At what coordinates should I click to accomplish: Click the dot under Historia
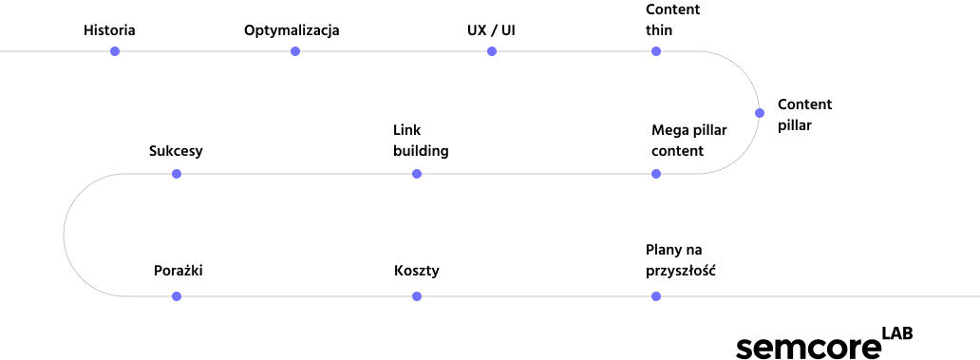[x=115, y=51]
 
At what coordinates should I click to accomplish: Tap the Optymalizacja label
[x=292, y=30]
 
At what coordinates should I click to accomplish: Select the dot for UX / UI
[x=492, y=51]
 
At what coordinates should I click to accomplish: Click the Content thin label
[x=673, y=20]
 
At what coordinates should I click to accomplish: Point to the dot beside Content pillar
[x=760, y=113]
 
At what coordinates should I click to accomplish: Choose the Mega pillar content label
[x=689, y=141]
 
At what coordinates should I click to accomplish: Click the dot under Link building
[x=417, y=174]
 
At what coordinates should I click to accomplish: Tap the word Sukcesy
[x=177, y=151]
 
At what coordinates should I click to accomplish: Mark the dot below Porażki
[x=177, y=296]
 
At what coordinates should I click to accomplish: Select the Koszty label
[x=417, y=271]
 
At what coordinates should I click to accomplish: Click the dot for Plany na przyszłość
[x=655, y=296]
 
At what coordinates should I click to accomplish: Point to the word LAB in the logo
[x=896, y=333]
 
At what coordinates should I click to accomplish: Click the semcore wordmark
[x=807, y=348]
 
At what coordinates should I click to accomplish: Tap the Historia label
[x=109, y=30]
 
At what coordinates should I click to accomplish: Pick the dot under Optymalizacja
[x=295, y=51]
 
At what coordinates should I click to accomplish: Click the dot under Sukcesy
[x=177, y=174]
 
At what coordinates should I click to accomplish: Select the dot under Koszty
[x=417, y=296]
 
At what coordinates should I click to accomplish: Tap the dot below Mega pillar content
[x=655, y=174]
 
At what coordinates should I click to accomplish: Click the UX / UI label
[x=491, y=30]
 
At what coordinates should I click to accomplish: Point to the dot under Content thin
[x=655, y=51]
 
